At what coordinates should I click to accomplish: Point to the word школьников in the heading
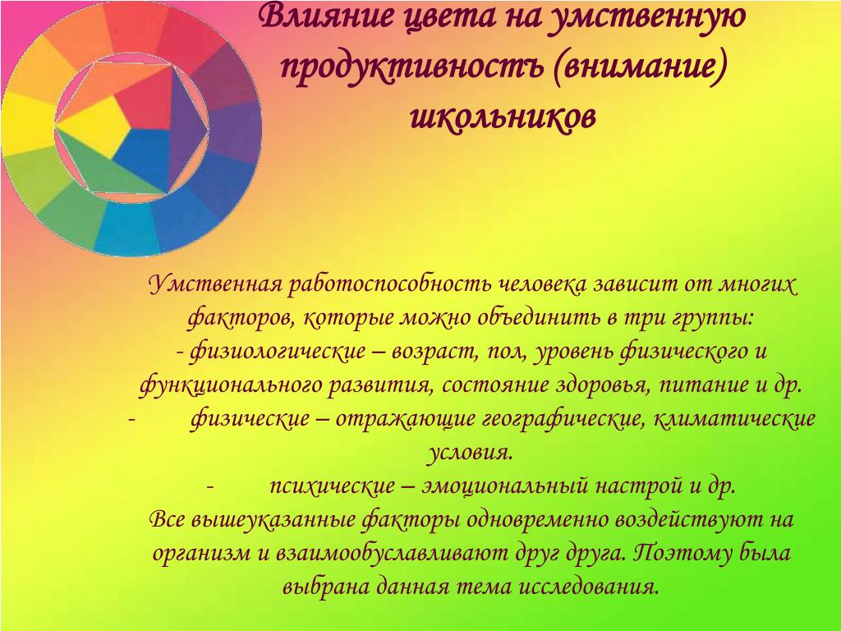click(x=503, y=115)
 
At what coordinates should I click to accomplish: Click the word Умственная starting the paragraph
click(x=215, y=283)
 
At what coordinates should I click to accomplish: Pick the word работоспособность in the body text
click(x=388, y=285)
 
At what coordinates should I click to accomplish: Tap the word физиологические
click(x=278, y=352)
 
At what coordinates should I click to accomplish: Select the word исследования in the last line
click(x=588, y=587)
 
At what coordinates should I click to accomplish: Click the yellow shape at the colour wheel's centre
click(x=91, y=126)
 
